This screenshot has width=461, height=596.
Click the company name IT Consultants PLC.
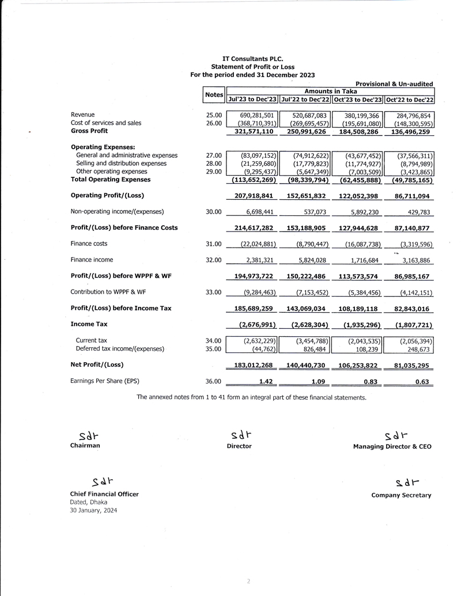click(x=252, y=59)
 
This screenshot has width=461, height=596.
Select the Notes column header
click(x=214, y=94)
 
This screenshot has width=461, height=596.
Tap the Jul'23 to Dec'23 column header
click(x=252, y=99)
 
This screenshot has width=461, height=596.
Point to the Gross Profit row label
click(x=89, y=131)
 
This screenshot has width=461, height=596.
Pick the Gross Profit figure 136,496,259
click(x=410, y=131)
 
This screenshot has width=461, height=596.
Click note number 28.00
click(x=214, y=164)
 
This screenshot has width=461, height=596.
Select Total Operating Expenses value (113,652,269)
click(x=254, y=180)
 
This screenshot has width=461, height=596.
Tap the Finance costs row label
click(x=89, y=244)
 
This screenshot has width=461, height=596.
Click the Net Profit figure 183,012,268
click(x=254, y=365)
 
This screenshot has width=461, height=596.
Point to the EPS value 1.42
click(x=266, y=381)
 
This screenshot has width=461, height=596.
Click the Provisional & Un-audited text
click(x=394, y=84)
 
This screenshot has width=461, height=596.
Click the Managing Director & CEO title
click(x=392, y=446)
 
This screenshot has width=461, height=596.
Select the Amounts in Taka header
click(x=330, y=91)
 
